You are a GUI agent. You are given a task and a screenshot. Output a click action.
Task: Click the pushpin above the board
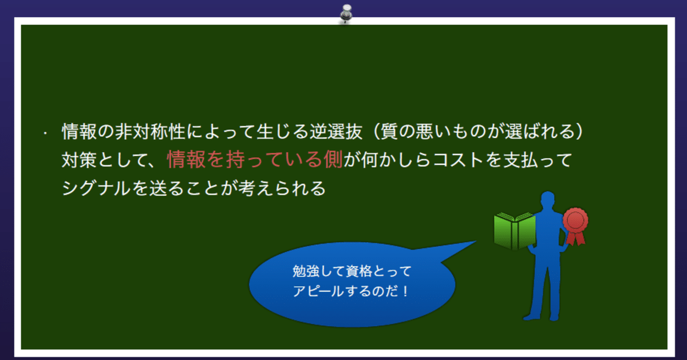pyautogui.click(x=346, y=14)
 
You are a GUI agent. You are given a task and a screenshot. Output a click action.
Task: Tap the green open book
pyautogui.click(x=515, y=231)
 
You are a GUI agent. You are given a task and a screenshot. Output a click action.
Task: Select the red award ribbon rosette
pyautogui.click(x=576, y=226)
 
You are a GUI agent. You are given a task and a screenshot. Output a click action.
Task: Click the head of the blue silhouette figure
pyautogui.click(x=548, y=200)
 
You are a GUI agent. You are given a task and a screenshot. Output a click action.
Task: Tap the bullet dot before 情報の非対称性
pyautogui.click(x=45, y=133)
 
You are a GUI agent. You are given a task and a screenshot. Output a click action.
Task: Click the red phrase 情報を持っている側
pyautogui.click(x=255, y=160)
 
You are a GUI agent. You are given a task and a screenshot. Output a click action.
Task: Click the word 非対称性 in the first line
pyautogui.click(x=150, y=132)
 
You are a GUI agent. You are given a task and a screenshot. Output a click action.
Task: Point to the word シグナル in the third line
pyautogui.click(x=96, y=188)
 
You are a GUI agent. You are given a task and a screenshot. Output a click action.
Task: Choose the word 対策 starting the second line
pyautogui.click(x=79, y=160)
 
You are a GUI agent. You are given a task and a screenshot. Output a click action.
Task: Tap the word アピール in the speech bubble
pyautogui.click(x=318, y=291)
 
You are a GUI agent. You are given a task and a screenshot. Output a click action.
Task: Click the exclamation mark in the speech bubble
pyautogui.click(x=405, y=291)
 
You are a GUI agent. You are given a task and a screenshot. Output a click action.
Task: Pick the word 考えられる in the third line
pyautogui.click(x=282, y=188)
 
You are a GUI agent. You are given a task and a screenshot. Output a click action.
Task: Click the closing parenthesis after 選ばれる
pyautogui.click(x=579, y=132)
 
